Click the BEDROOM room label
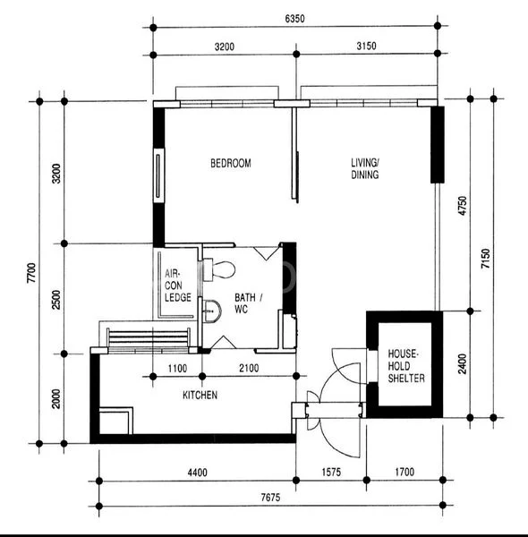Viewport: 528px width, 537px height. (x=230, y=163)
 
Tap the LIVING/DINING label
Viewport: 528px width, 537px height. (x=364, y=168)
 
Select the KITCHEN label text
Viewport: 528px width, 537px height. (x=200, y=395)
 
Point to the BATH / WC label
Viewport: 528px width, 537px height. (x=249, y=303)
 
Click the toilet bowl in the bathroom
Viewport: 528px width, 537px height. (x=220, y=268)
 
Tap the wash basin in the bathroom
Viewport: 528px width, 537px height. (x=212, y=311)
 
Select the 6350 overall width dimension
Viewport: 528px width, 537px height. (x=294, y=18)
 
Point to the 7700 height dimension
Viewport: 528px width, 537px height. (x=30, y=271)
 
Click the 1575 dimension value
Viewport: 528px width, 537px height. (x=330, y=472)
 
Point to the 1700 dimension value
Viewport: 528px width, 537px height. (x=404, y=472)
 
